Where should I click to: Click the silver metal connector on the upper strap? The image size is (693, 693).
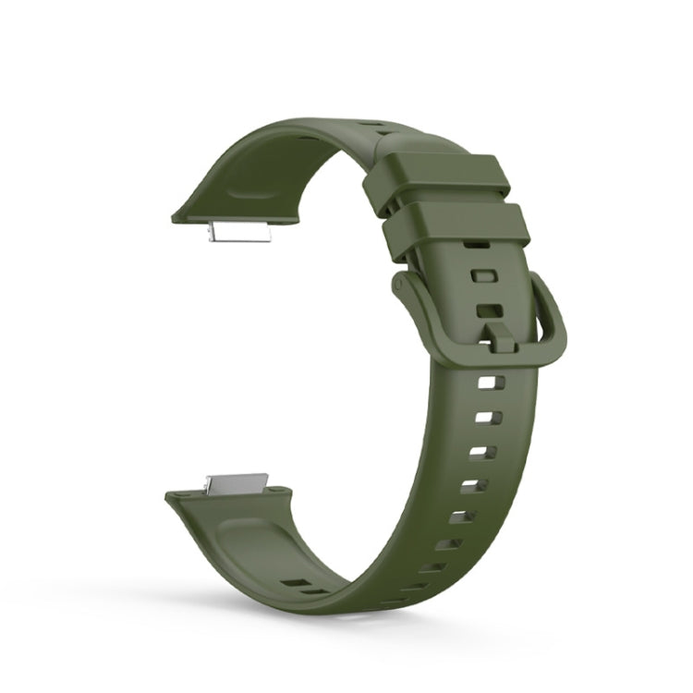click(237, 233)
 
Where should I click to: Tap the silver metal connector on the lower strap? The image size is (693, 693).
click(236, 483)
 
